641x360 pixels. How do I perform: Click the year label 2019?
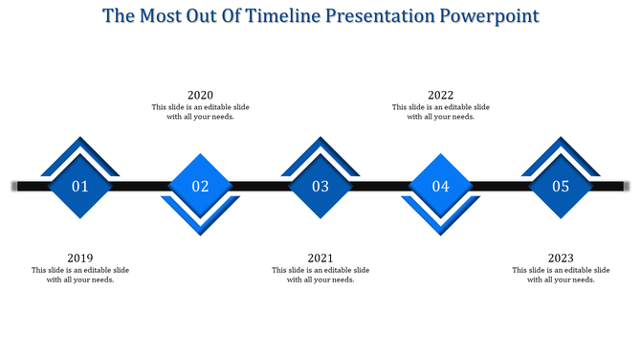click(80, 259)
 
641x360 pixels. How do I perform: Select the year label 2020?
click(200, 95)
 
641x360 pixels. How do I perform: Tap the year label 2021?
click(320, 259)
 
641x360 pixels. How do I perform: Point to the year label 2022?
click(441, 95)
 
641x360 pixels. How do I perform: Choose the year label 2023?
click(562, 259)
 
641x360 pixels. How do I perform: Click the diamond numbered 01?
click(80, 186)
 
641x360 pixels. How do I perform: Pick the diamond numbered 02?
click(200, 186)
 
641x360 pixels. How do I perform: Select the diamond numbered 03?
click(320, 186)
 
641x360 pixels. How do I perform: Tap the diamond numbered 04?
click(441, 186)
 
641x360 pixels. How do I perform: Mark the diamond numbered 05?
click(561, 186)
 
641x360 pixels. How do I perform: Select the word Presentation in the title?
click(379, 16)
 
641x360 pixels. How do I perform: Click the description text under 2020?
click(200, 112)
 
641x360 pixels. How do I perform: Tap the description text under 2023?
click(562, 275)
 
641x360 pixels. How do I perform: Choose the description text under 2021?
click(320, 275)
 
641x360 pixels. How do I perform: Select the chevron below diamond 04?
click(441, 227)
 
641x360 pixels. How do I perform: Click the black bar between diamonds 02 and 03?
click(260, 186)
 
